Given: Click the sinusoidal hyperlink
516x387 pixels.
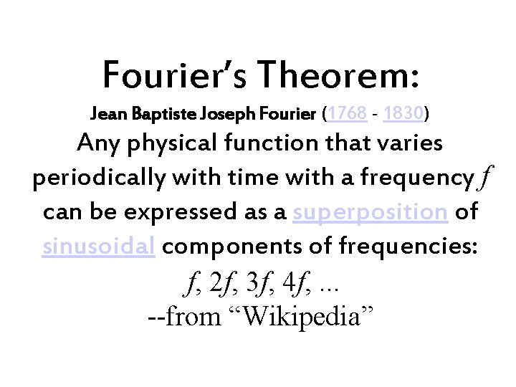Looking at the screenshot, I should click(x=99, y=247).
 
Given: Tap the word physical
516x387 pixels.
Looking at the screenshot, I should click(x=171, y=144).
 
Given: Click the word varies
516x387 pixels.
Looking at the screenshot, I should click(x=407, y=143).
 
